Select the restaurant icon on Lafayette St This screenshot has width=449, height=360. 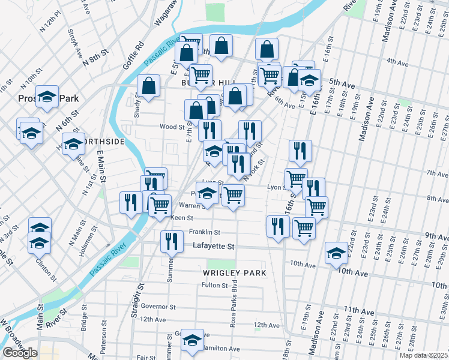coord(172,241)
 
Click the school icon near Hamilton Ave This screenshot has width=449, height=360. coord(192,340)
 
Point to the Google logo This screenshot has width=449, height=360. coord(19,353)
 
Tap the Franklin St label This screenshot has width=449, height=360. coord(205,232)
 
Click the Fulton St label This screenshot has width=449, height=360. coord(214,285)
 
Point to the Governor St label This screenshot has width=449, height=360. coord(158,306)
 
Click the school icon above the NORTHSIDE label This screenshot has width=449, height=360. coord(74,145)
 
